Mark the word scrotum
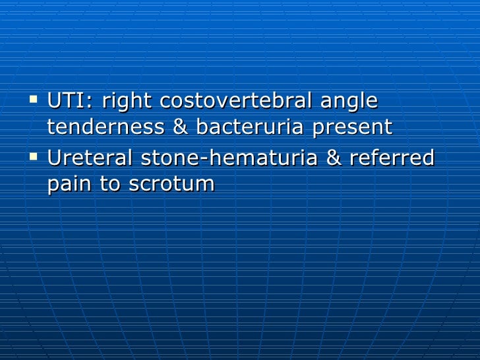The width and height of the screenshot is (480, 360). coord(172,184)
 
